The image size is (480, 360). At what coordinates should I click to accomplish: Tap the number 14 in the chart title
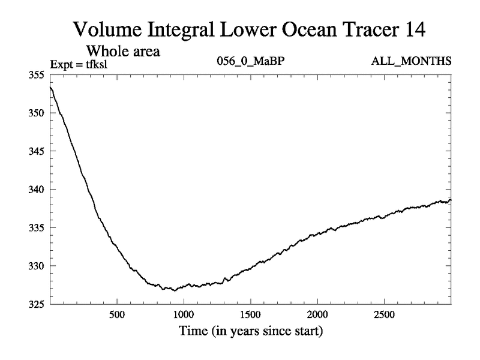click(412, 29)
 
